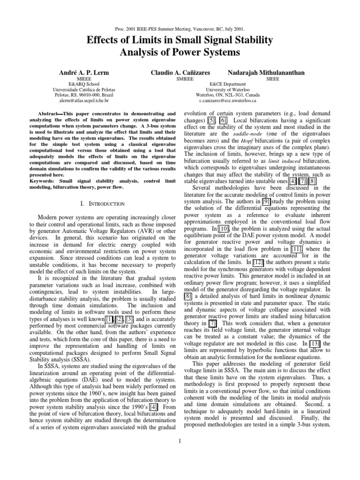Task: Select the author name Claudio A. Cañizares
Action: [180, 73]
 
